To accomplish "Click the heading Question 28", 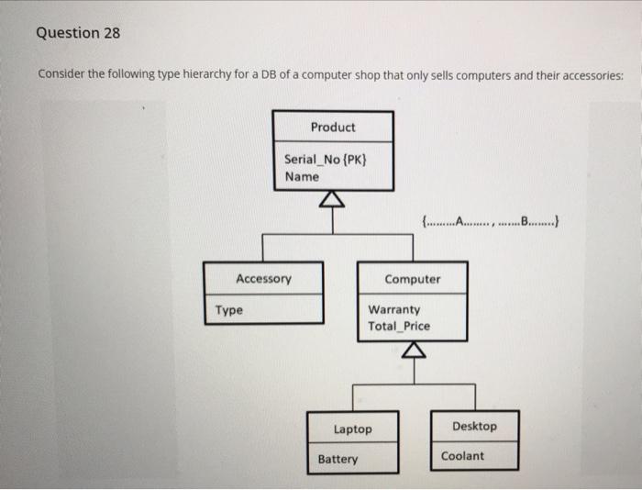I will pos(78,33).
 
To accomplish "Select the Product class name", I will pos(332,127).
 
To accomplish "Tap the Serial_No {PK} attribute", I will pos(326,160).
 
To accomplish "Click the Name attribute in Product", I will pos(302,176).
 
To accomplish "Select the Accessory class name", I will pos(263,278).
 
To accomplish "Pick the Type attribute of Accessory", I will pos(229,310).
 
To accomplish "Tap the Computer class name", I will pos(412,279).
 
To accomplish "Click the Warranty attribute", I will pos(393,310).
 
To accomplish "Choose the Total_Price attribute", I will pos(398,326).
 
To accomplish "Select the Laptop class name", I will pos(352,429).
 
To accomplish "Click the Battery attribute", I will pos(338,459).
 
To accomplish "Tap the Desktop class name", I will pos(474,426).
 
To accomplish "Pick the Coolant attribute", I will pos(462,456).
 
